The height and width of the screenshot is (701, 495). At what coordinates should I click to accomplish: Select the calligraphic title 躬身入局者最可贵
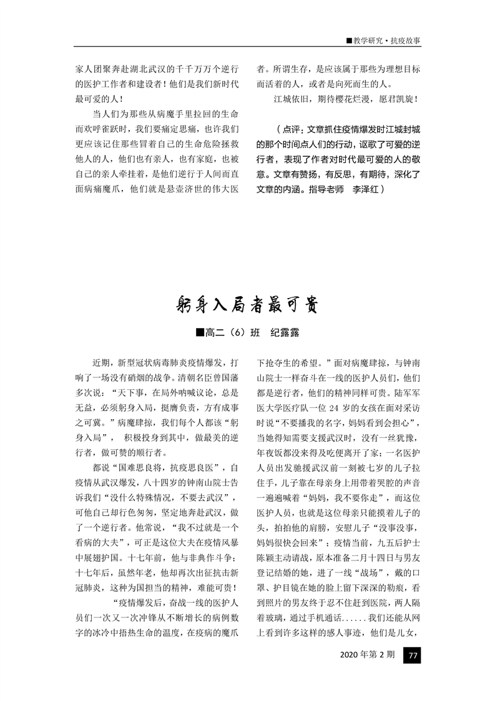tap(247, 304)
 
